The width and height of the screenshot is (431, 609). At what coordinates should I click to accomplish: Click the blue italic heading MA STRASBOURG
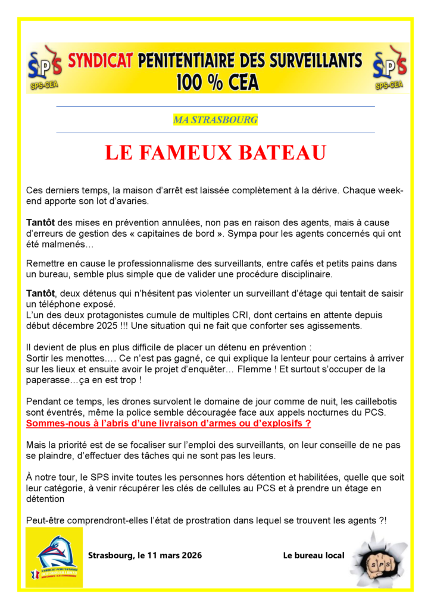(x=215, y=120)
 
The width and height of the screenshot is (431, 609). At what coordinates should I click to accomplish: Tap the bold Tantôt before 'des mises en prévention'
(x=40, y=222)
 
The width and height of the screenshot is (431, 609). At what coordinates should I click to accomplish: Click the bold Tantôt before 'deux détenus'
(x=40, y=294)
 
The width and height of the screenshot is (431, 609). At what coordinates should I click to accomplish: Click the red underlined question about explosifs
(x=168, y=423)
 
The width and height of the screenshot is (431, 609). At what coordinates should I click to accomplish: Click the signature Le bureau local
(x=313, y=555)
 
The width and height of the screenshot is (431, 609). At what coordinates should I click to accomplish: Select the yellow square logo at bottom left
(x=54, y=557)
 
